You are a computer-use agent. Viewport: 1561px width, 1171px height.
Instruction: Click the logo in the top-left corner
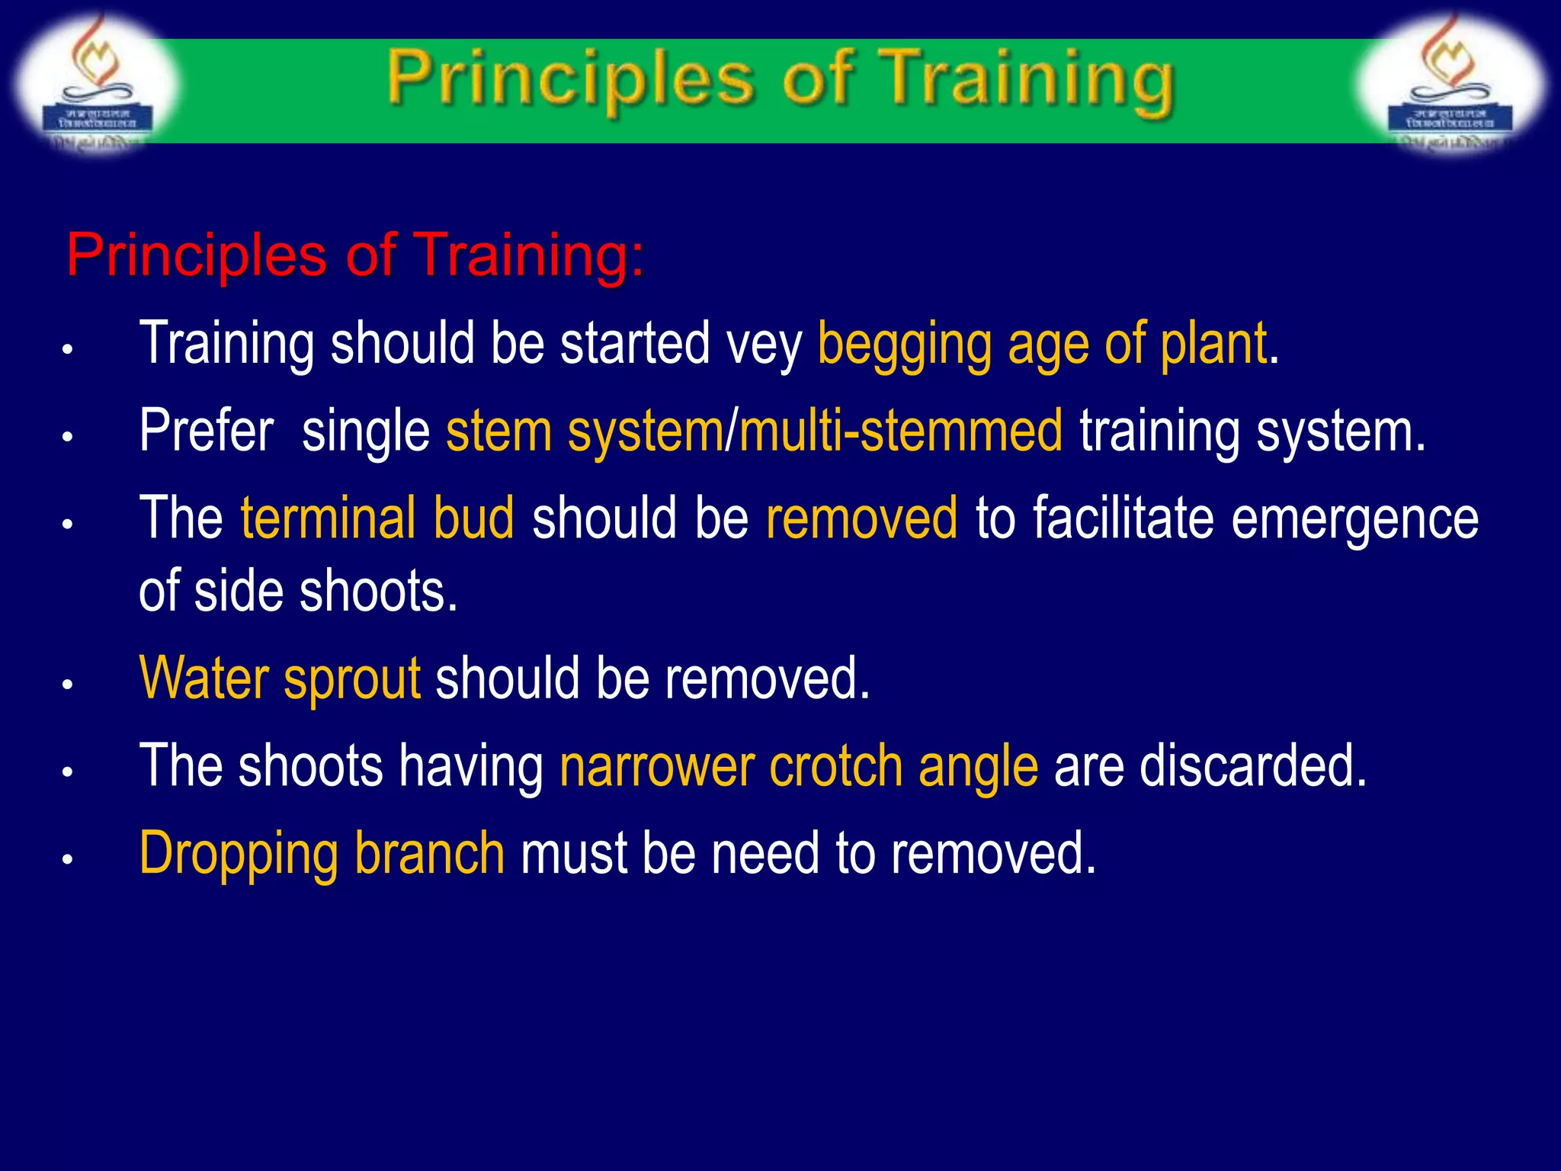pos(95,84)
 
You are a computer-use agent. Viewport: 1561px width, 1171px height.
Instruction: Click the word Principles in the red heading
pos(196,255)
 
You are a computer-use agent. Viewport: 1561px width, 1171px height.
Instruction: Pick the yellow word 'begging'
pos(904,345)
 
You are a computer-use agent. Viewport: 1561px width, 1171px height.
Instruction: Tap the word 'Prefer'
pos(206,431)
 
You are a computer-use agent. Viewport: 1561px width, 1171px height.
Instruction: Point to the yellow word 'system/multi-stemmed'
pos(815,432)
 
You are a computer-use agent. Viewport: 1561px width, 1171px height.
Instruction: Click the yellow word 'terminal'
pos(328,518)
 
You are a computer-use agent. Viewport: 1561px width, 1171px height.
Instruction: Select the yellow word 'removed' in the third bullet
pos(861,518)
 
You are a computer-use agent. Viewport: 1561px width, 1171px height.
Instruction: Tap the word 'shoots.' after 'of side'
pos(378,592)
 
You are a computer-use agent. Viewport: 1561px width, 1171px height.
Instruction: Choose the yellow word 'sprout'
pos(351,679)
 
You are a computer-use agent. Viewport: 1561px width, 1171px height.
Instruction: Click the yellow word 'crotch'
pos(835,766)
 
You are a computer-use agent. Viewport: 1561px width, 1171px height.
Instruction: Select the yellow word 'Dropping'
pos(238,855)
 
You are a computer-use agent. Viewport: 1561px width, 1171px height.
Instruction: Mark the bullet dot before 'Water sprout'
pos(67,685)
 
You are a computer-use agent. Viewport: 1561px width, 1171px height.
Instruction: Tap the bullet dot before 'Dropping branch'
pos(67,859)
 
